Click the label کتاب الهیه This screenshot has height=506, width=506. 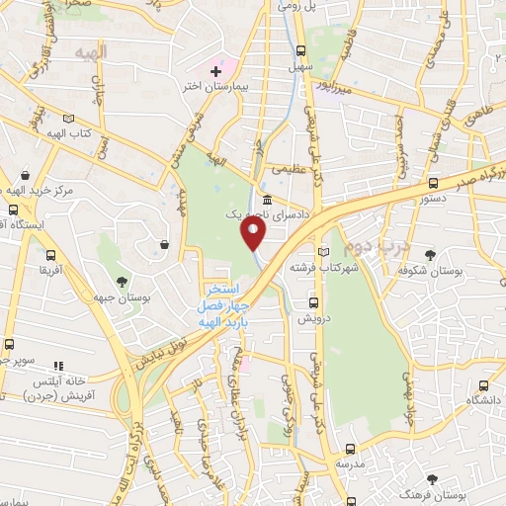pyautogui.click(x=70, y=133)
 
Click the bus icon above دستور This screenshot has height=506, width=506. pyautogui.click(x=434, y=183)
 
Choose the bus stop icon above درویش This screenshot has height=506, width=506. pyautogui.click(x=314, y=303)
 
